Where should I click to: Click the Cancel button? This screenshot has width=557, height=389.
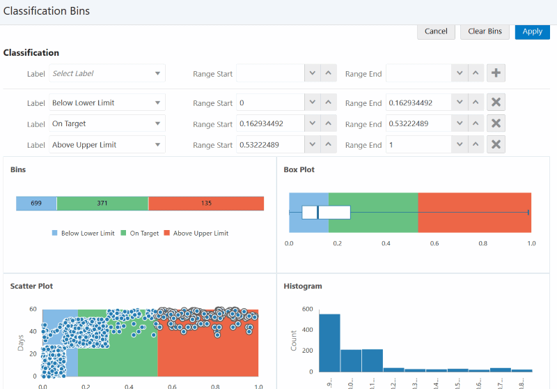pos(436,31)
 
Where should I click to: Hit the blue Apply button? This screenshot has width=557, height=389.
pos(532,31)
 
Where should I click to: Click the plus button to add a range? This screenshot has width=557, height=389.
pos(496,73)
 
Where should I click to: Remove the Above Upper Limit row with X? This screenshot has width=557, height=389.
pos(496,145)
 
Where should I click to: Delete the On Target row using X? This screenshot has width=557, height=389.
pos(496,123)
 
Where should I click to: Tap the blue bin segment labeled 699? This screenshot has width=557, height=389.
pos(36,203)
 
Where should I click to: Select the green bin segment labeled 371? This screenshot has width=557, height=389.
pos(102,203)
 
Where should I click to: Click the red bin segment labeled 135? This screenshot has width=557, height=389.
pos(206,203)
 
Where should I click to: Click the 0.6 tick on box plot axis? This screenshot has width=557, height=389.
pos(434,243)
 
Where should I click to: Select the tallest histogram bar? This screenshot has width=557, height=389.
pos(329,342)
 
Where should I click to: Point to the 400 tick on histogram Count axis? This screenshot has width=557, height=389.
pos(308,330)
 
